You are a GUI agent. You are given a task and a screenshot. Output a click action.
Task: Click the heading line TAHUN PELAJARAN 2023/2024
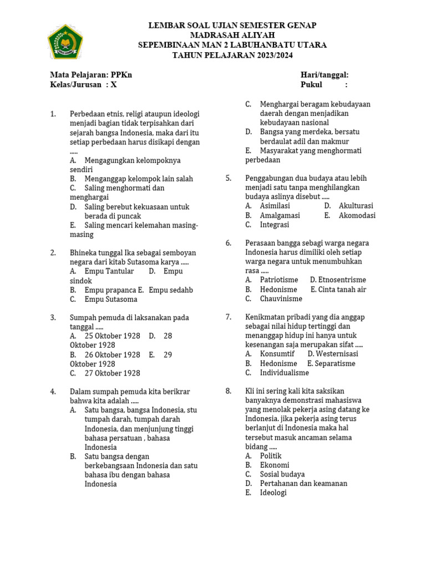coord(232,55)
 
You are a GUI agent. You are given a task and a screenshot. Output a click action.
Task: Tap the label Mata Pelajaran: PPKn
coord(91,75)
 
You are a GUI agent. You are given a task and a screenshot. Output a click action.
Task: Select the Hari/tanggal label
coord(324,75)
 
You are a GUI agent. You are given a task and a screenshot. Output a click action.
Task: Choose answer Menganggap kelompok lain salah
coord(139,179)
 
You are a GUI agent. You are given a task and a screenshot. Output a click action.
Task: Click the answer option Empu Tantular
coord(109,271)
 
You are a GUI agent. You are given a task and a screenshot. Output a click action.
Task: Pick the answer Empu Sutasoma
coord(111,299)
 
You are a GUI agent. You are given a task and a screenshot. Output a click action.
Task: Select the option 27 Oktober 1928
coord(113,373)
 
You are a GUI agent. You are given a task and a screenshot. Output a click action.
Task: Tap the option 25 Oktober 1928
coord(113,336)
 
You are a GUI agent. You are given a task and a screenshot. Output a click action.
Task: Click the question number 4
coord(53,392)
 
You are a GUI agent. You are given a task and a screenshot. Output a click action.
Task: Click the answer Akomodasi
coord(357,215)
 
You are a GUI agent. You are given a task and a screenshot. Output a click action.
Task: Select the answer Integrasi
coord(275,225)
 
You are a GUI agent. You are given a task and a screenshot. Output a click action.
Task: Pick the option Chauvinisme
coord(281,298)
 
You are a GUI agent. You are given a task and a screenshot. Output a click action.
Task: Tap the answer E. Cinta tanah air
coord(338,289)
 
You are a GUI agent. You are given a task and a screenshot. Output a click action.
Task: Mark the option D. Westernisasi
coord(333,354)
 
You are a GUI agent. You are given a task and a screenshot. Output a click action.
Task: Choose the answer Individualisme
coord(285,373)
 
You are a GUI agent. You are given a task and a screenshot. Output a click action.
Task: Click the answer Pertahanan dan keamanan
coord(303,483)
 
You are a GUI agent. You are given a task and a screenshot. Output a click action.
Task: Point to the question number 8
coord(229,391)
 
